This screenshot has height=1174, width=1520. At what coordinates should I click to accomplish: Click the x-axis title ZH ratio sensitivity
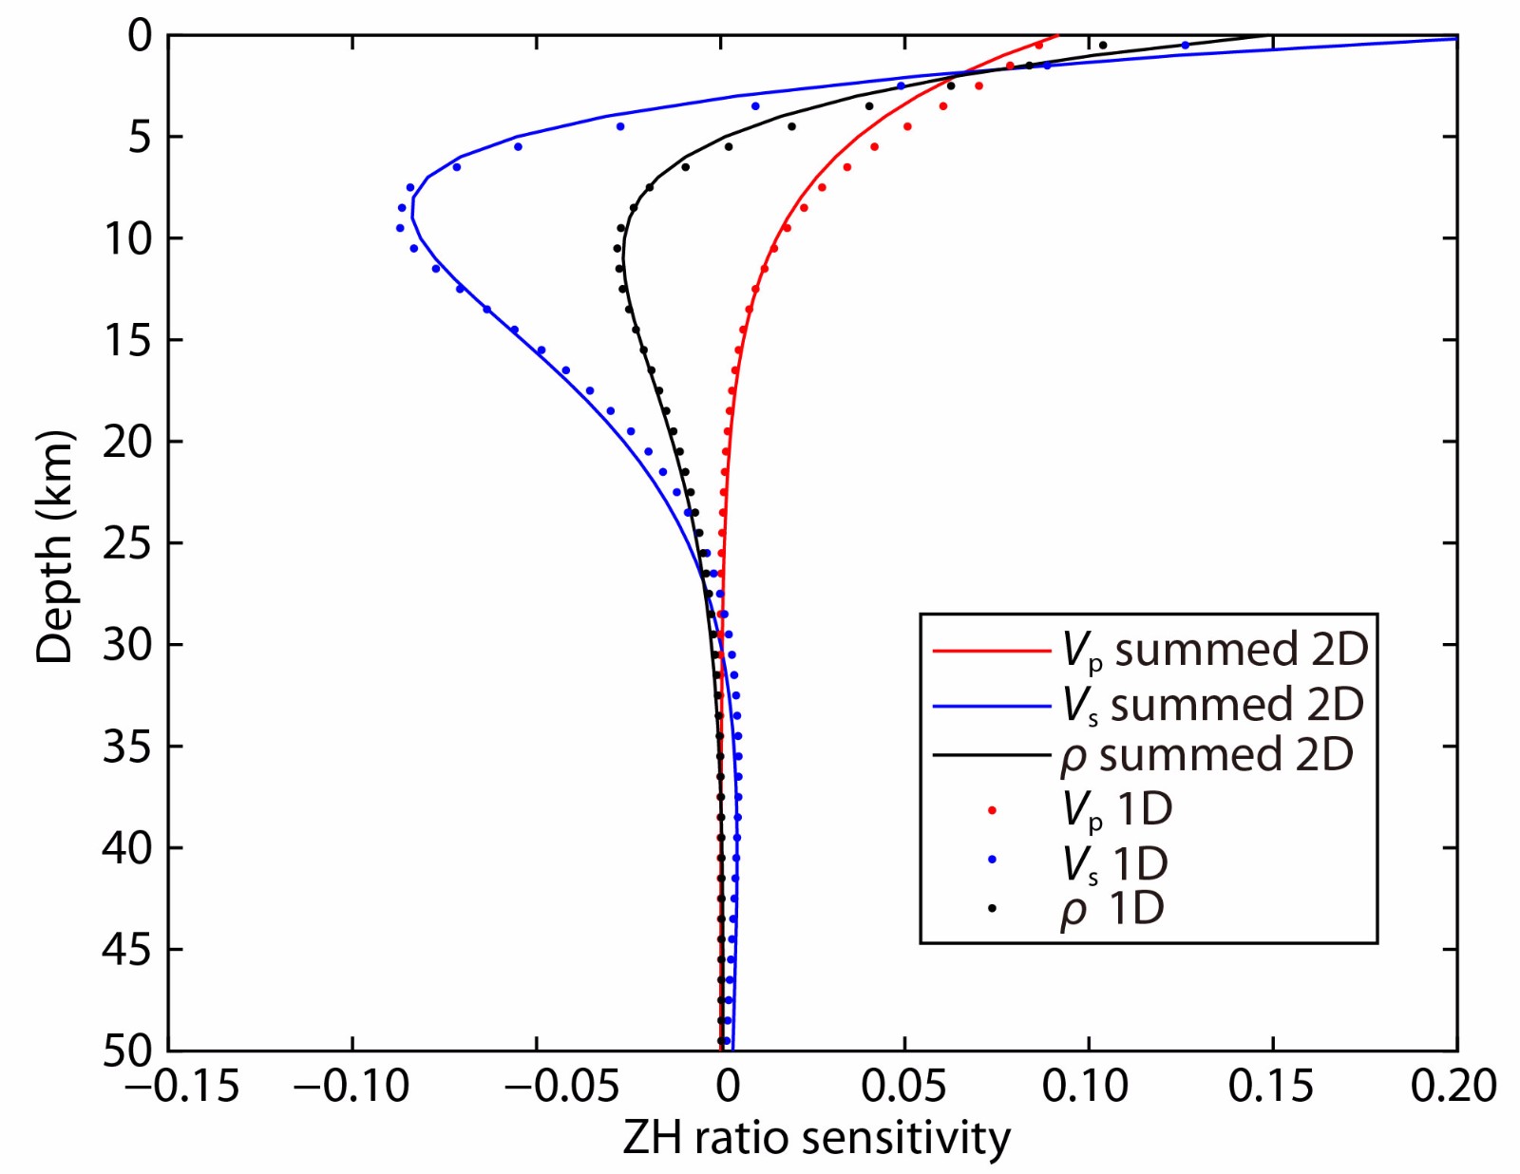tap(816, 1138)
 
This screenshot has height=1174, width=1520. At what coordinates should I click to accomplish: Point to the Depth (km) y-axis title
tap(54, 548)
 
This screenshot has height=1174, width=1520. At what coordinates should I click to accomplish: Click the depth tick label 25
tap(127, 543)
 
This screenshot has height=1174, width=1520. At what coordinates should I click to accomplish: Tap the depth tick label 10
tap(127, 238)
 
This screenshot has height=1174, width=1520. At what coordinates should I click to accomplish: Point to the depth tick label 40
tap(127, 848)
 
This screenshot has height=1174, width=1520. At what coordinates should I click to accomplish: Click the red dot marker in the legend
tap(992, 810)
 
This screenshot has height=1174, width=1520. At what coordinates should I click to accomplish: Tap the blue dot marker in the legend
tap(992, 860)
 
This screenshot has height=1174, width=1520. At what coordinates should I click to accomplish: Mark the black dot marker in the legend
tap(992, 909)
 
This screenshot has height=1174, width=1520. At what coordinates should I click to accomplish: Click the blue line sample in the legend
tap(992, 706)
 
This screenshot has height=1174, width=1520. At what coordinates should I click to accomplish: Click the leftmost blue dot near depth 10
tap(400, 228)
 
